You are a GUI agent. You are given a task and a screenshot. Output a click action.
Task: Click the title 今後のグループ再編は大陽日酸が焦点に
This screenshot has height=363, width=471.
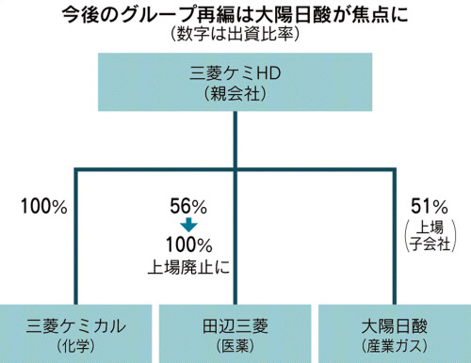[233, 14]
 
